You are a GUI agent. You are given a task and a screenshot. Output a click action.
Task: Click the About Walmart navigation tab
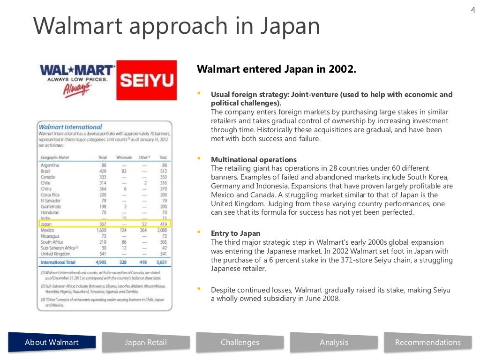52,342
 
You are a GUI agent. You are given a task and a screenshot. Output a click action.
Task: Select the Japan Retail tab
146,342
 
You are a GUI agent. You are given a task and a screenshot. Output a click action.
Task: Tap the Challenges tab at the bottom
240,342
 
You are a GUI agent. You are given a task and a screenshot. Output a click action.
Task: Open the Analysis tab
334,342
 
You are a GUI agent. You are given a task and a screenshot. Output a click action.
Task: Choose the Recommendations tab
427,342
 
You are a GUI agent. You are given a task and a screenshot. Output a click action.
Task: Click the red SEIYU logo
147,80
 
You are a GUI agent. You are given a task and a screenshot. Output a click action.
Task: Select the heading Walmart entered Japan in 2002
277,69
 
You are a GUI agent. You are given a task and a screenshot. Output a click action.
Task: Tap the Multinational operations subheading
254,159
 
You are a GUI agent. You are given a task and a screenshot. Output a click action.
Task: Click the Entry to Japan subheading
235,233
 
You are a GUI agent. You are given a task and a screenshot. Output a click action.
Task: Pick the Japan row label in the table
46,224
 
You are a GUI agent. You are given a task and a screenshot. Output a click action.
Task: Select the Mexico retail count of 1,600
101,230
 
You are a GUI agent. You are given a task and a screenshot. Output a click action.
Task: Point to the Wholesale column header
124,157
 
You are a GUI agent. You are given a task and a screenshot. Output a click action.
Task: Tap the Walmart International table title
70,127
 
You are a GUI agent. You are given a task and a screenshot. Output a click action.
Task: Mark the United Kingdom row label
55,254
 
